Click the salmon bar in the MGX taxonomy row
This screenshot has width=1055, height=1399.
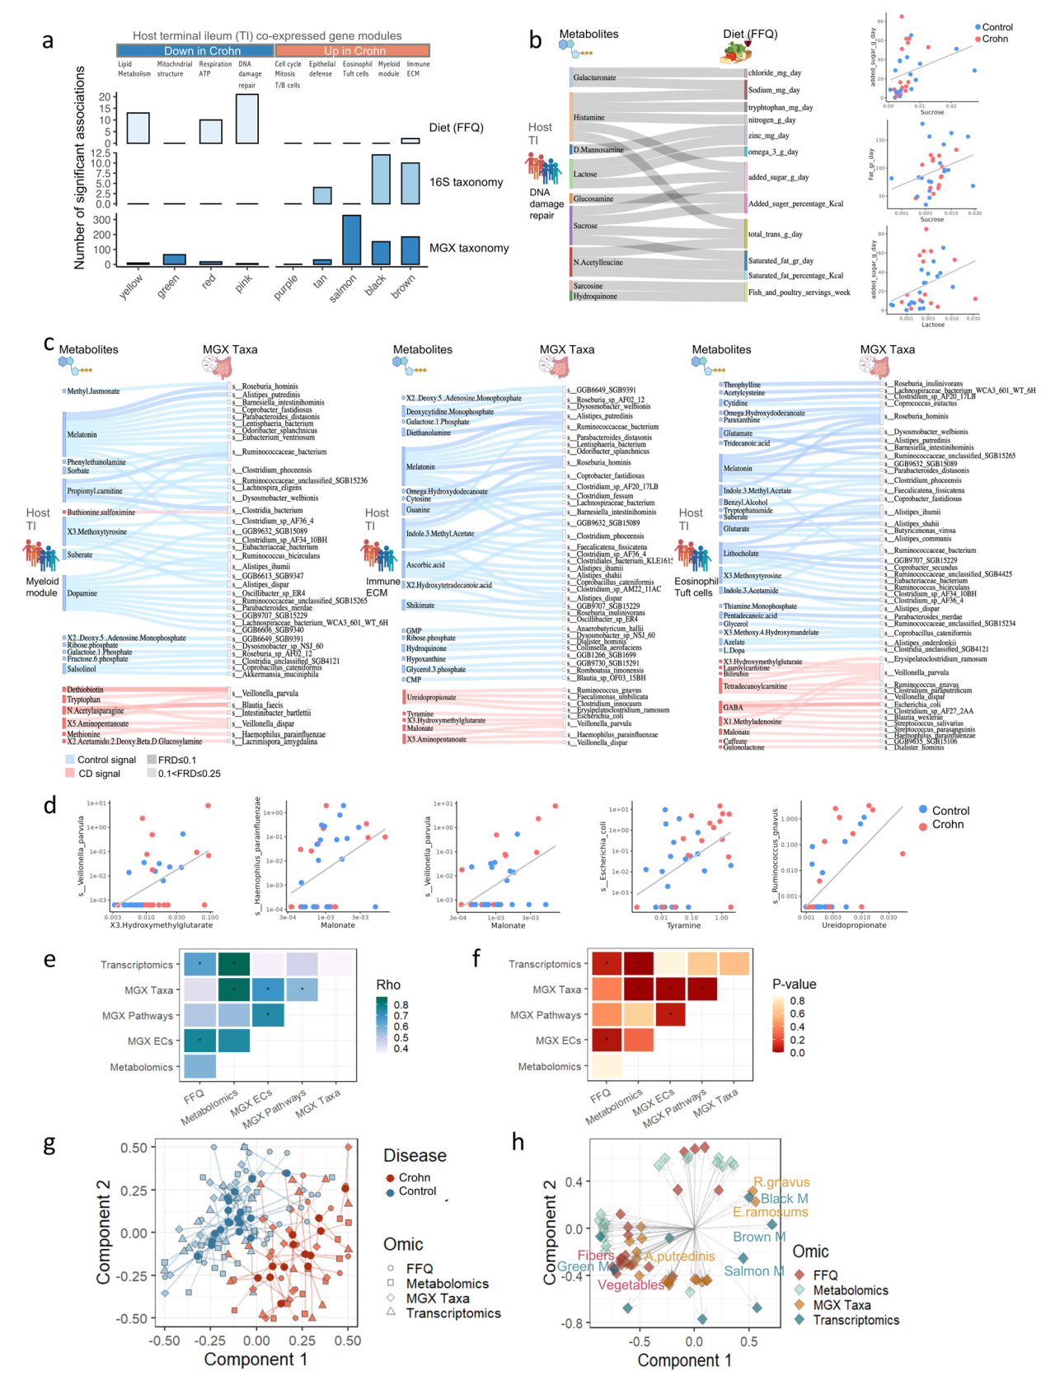351,240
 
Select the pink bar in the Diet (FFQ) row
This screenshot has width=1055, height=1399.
247,119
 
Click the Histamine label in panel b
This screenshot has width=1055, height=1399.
589,118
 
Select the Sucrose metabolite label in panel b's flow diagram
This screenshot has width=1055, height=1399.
585,226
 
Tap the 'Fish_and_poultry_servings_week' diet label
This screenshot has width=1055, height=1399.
799,292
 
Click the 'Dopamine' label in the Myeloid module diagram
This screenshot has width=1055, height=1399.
82,593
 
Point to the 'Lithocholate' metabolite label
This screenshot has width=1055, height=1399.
741,554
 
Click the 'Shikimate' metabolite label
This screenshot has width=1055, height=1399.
420,606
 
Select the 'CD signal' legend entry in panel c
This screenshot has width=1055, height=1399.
99,774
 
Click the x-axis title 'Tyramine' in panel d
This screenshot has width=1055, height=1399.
683,925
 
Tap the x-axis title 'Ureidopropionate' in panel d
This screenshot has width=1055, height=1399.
853,925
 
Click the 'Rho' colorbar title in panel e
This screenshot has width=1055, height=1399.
388,985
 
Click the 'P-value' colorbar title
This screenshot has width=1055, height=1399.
794,985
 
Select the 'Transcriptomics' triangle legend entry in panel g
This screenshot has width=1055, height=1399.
452,1313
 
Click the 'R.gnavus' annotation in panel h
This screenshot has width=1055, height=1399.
781,1182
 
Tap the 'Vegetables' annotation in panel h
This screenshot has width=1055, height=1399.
631,1285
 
